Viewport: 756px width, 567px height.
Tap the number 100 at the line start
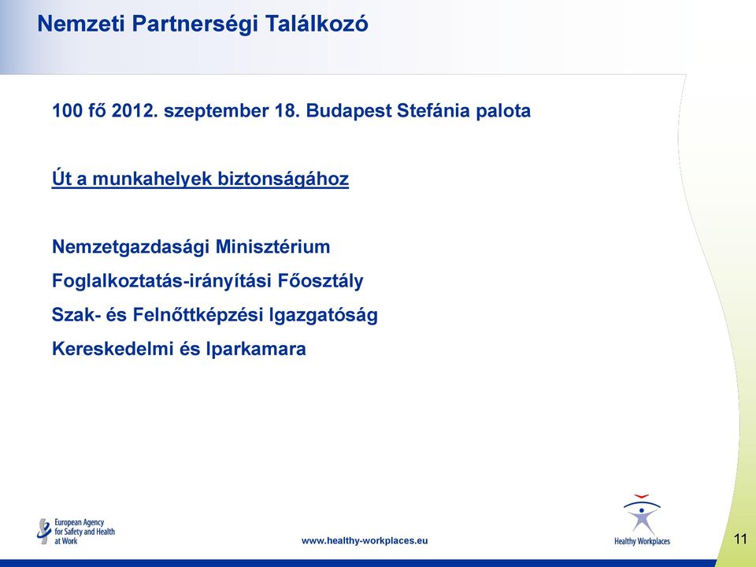[x=67, y=111]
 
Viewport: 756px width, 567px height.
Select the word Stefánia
[x=433, y=111]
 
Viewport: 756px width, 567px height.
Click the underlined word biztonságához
[x=283, y=180]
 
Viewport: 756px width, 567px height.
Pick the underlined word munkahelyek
[x=152, y=180]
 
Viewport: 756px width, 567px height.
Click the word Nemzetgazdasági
[x=131, y=247]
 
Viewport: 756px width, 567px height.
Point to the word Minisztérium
[x=273, y=246]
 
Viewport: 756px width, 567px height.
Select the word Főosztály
[x=321, y=281]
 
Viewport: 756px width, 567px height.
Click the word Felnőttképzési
[x=198, y=315]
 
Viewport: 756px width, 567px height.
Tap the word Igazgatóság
[x=324, y=315]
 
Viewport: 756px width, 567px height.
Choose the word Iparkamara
[x=256, y=350]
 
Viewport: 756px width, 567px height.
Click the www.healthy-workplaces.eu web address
[x=365, y=541]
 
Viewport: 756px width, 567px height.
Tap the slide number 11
[x=740, y=539]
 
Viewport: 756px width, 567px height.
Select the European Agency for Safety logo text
[x=84, y=532]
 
